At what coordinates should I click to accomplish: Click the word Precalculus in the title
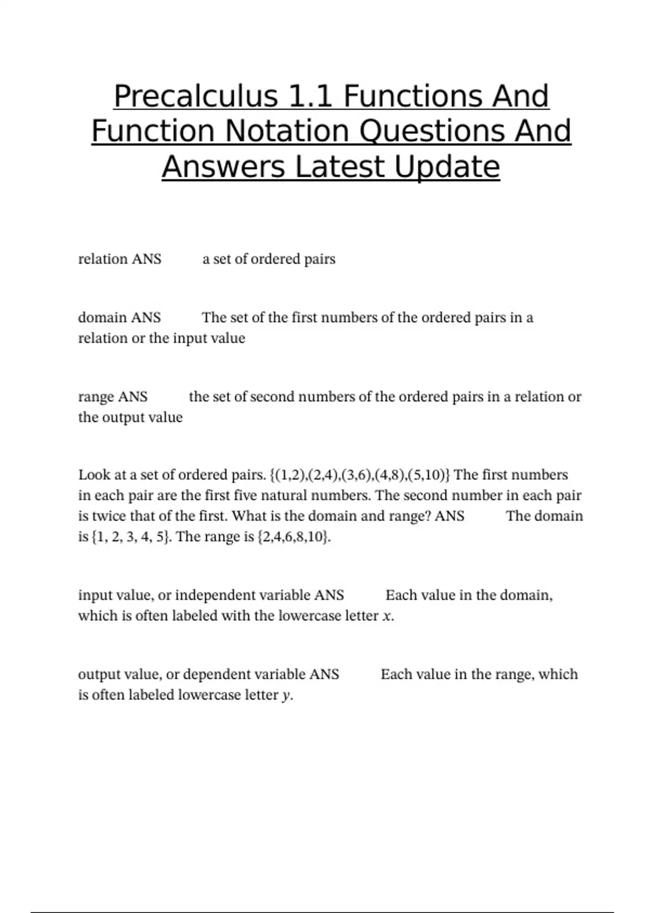pos(196,97)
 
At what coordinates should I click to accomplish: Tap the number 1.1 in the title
pos(311,97)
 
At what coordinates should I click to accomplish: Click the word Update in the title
pos(447,167)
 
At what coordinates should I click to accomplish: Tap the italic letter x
pos(387,617)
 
